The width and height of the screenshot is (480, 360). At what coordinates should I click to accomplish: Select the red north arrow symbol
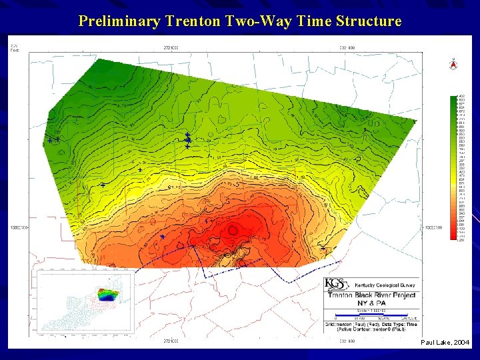click(453, 65)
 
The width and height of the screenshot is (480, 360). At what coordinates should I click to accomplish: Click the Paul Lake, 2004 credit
click(445, 342)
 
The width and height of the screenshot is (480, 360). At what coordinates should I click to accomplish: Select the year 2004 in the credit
click(461, 342)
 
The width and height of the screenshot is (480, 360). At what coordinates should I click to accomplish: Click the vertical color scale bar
click(453, 167)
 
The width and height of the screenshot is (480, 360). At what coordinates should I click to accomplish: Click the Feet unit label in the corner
click(14, 51)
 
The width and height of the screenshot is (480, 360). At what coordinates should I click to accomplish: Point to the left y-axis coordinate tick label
click(18, 227)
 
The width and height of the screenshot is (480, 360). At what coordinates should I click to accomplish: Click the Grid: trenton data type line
click(371, 324)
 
